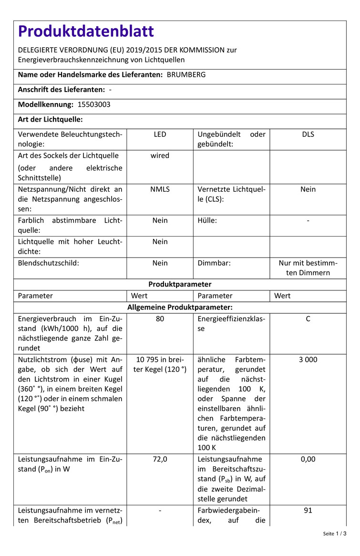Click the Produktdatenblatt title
point(86,31)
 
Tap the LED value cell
point(160,134)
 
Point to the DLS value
point(308,134)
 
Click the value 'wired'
point(160,155)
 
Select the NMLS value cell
point(160,189)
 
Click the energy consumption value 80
point(160,319)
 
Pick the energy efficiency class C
point(308,319)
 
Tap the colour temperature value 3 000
point(308,360)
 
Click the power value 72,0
point(160,459)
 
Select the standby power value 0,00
point(308,459)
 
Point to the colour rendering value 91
point(308,510)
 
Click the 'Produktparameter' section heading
point(180,284)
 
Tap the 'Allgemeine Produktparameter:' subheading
point(180,307)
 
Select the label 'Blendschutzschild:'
point(49,263)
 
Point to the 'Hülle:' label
point(207,220)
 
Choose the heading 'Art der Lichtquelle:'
point(51,119)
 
